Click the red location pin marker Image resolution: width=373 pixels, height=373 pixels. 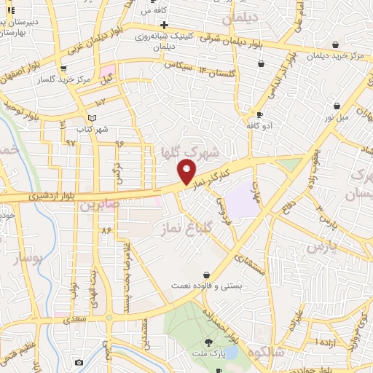tap(187, 171)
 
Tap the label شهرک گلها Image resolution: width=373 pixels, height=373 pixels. tap(195, 152)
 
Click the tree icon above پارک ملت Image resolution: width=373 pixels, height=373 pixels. tap(209, 341)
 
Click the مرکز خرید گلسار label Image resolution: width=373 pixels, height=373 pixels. tap(70, 78)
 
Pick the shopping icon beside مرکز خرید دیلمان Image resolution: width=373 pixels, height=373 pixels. tap(335, 44)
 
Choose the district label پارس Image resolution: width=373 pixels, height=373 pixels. tap(318, 248)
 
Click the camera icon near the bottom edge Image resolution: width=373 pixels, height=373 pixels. tap(79, 362)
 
